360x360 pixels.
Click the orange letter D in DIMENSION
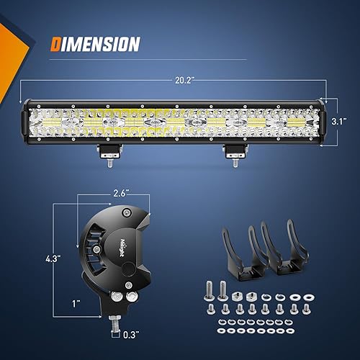[56, 44]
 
